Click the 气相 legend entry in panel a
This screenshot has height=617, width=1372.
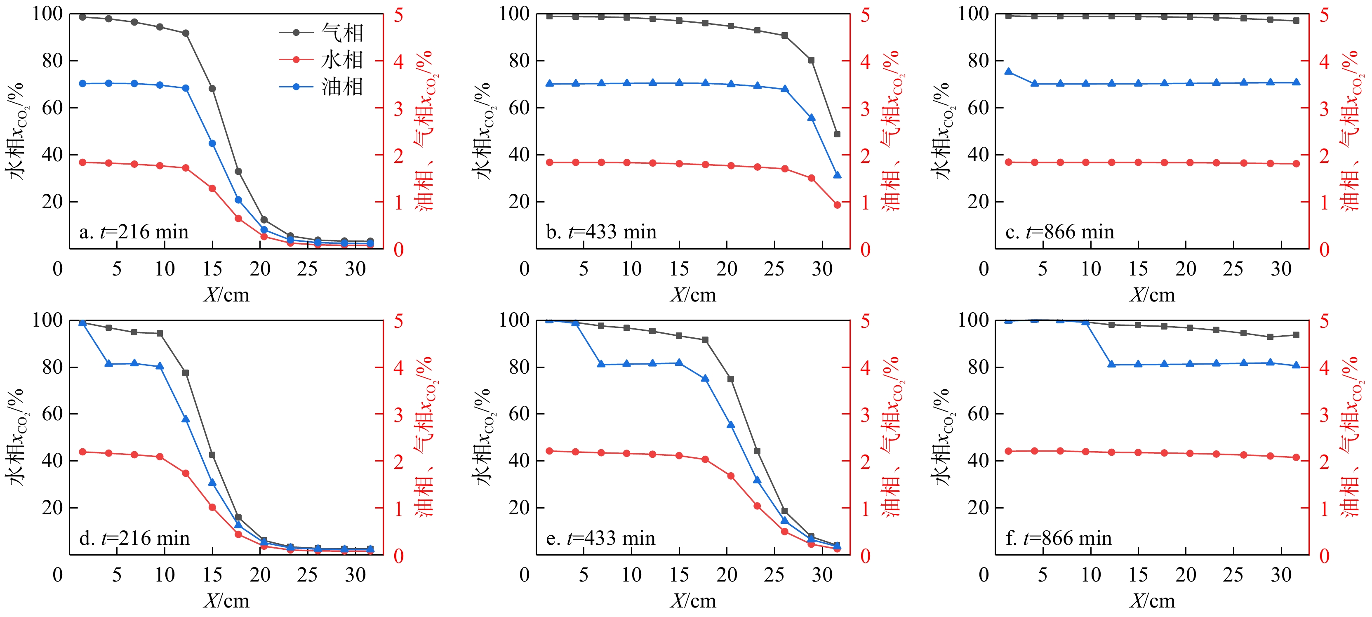click(321, 33)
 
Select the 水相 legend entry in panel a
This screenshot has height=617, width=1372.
click(321, 60)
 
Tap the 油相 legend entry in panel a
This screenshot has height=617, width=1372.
click(321, 86)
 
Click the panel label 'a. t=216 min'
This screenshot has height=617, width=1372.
click(134, 232)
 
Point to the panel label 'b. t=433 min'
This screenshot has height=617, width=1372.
click(601, 232)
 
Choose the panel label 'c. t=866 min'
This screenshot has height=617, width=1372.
click(1059, 232)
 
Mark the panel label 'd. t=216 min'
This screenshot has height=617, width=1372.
click(134, 539)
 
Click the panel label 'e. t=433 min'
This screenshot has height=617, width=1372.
click(600, 539)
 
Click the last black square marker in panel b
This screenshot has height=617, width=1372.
click(837, 134)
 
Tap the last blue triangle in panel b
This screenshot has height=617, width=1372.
click(837, 175)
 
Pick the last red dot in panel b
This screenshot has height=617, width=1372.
click(837, 205)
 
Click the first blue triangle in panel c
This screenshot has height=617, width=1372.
click(1008, 72)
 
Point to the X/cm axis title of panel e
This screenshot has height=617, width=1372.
click(693, 601)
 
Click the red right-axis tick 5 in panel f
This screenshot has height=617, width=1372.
click(1324, 321)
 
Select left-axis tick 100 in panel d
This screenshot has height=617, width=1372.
click(47, 320)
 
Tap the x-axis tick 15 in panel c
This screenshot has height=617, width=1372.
click(1138, 269)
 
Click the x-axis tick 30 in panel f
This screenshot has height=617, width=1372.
click(1281, 575)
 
